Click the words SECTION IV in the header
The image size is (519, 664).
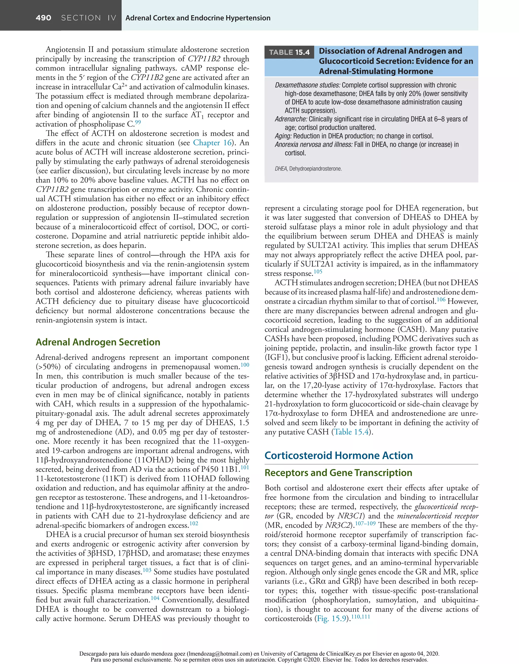pyautogui.click(x=89, y=18)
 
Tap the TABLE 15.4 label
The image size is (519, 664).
pyautogui.click(x=289, y=52)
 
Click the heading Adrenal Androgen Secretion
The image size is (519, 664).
pyautogui.click(x=98, y=342)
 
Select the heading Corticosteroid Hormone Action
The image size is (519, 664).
pyautogui.click(x=339, y=455)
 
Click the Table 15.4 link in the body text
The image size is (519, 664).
pyautogui.click(x=352, y=432)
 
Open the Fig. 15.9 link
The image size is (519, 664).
pyautogui.click(x=332, y=619)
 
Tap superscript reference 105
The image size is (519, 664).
pyautogui.click(x=318, y=271)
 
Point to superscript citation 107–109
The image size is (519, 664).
pyautogui.click(x=365, y=524)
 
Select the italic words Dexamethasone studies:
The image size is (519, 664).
pyautogui.click(x=307, y=85)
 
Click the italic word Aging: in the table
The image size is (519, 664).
pyautogui.click(x=283, y=136)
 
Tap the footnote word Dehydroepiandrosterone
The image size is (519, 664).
pyautogui.click(x=315, y=169)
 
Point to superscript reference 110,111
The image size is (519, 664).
pyautogui.click(x=360, y=617)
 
